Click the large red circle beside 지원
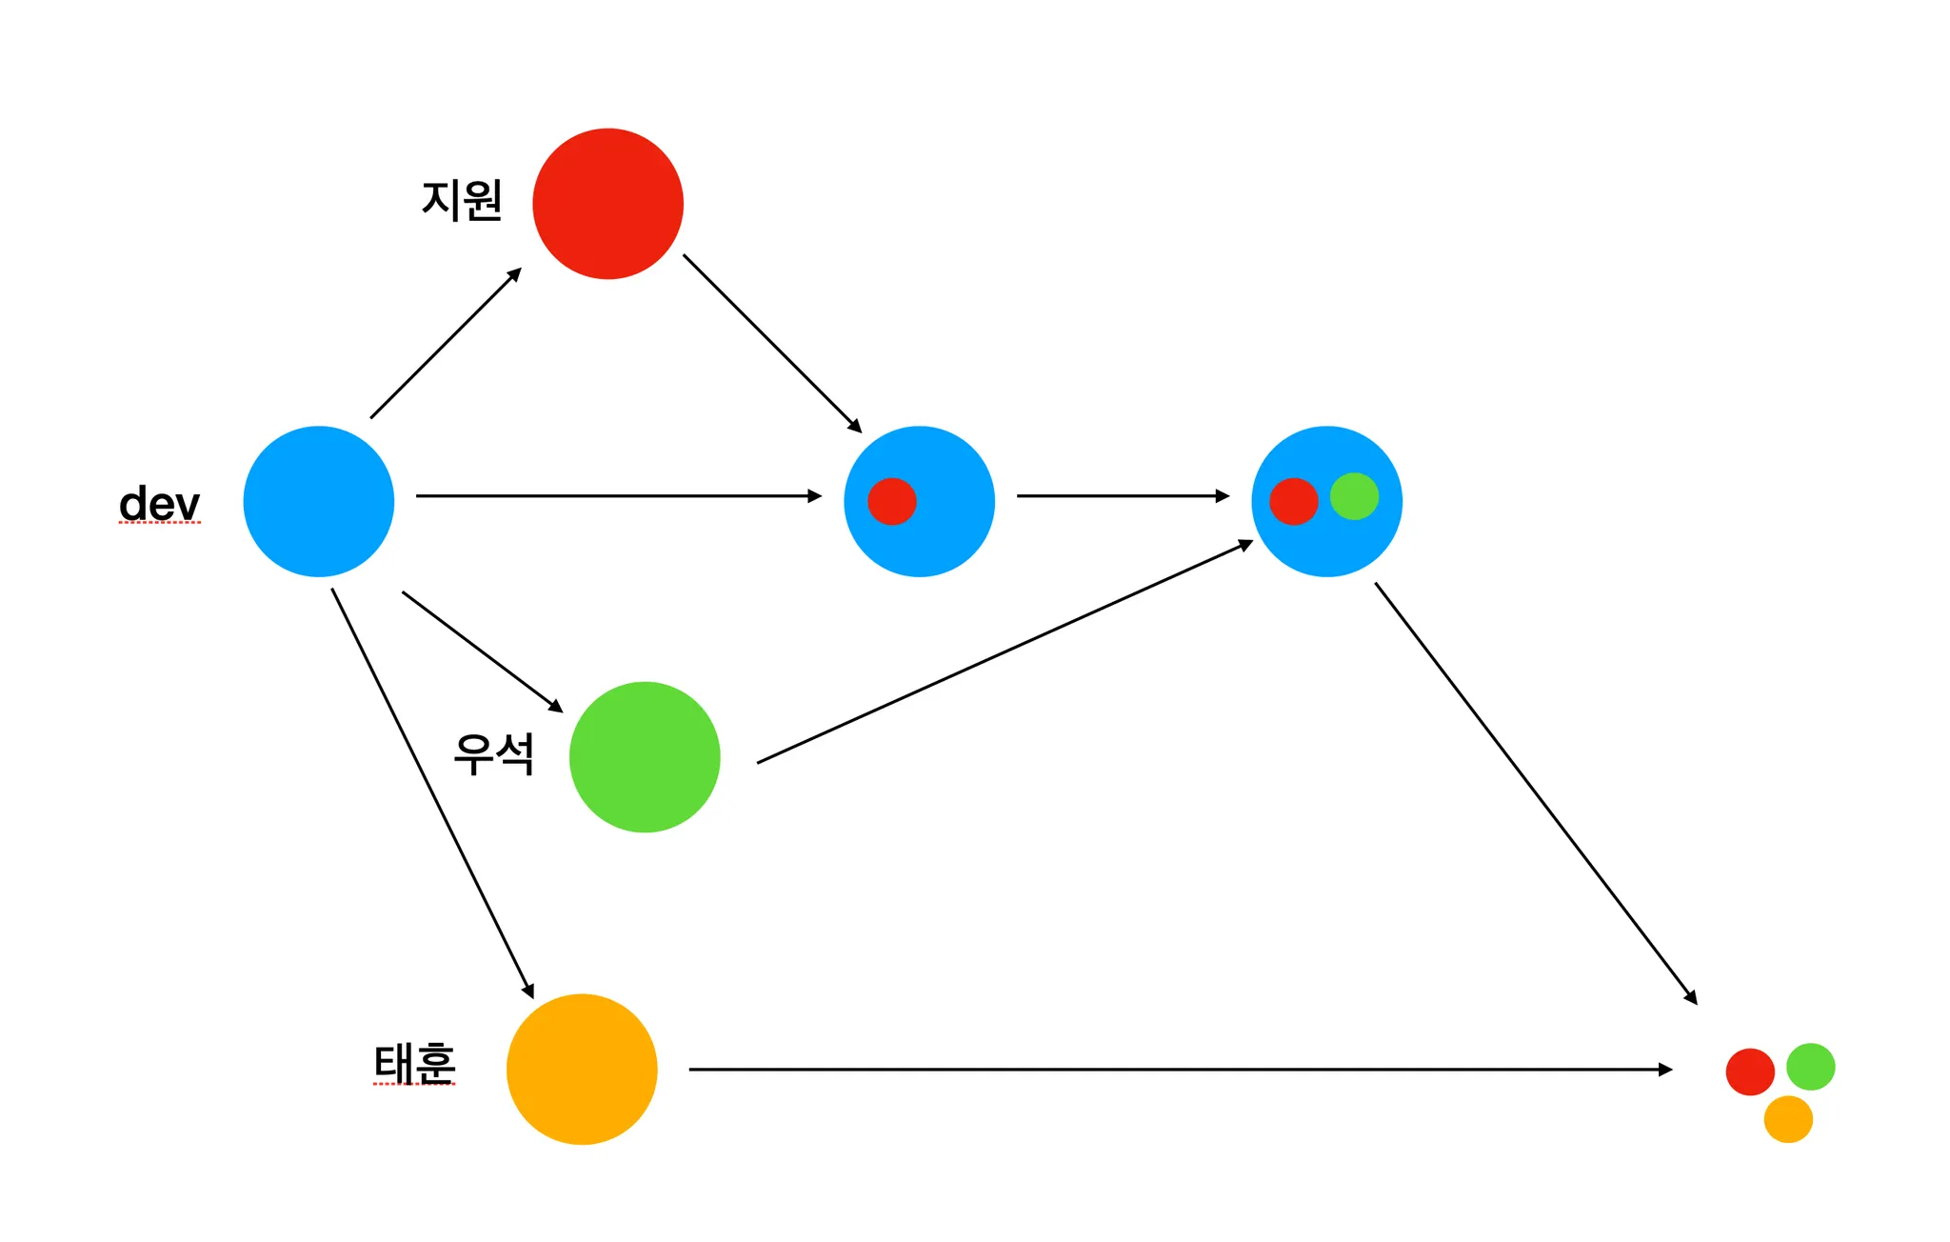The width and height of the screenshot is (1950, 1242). (607, 204)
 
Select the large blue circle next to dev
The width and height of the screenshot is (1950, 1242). (318, 501)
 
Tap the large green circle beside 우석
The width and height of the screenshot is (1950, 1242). (645, 757)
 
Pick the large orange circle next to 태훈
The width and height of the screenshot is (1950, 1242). (582, 1069)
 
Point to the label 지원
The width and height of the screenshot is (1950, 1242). (462, 200)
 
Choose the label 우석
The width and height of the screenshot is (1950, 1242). (493, 754)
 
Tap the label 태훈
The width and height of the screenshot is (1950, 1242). (414, 1063)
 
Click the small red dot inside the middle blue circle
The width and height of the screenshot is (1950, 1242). (891, 501)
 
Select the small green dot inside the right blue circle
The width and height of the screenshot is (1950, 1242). (1354, 496)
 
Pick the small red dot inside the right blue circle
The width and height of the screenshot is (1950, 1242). (1293, 501)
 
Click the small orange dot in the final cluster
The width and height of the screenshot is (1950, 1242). (1787, 1119)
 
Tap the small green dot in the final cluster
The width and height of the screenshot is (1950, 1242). (1810, 1067)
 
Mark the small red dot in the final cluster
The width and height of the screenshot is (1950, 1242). (1749, 1072)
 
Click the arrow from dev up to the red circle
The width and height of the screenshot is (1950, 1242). (446, 344)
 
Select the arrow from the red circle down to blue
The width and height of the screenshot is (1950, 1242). (771, 343)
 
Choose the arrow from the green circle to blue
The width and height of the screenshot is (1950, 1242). (1005, 652)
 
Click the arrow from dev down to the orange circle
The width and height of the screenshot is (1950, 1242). (432, 792)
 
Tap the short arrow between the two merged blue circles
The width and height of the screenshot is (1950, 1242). (1123, 496)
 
